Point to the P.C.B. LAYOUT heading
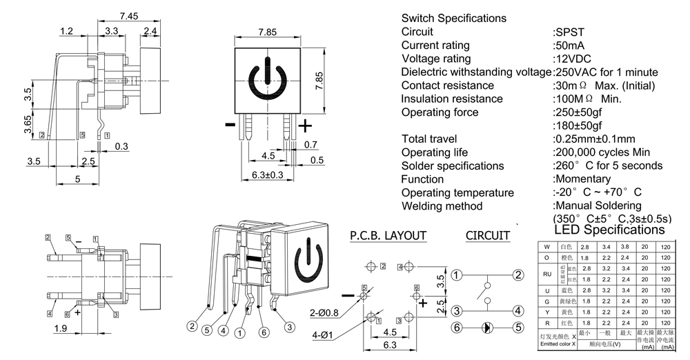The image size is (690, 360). click(387, 236)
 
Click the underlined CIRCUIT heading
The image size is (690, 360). click(487, 236)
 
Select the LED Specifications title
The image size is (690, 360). click(609, 230)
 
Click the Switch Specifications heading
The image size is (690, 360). click(453, 19)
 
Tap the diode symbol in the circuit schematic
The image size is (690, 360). click(487, 328)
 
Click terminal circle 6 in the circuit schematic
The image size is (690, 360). click(457, 328)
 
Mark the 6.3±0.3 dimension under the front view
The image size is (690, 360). click(257, 175)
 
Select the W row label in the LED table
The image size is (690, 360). click(547, 246)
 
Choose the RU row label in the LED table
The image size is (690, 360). click(547, 273)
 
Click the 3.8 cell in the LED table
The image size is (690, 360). click(626, 246)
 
